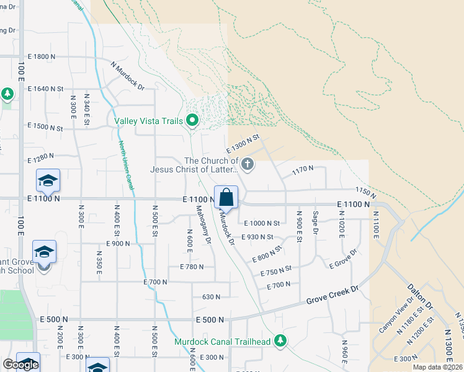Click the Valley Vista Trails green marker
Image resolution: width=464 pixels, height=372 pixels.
coord(192,120)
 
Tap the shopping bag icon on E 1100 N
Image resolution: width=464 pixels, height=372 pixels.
coord(226,198)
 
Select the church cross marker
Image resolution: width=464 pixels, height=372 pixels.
coord(248,164)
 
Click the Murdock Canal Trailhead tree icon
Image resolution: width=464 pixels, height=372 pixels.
coord(281,340)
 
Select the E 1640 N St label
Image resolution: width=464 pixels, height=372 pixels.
coord(46,89)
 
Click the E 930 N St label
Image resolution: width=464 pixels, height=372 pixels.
coord(257,237)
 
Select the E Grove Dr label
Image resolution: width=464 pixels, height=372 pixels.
coord(344,259)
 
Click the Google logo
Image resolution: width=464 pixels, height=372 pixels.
coord(20,365)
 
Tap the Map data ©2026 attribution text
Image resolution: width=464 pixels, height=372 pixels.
coord(437,367)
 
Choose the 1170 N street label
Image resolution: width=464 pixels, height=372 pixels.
coord(303,168)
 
